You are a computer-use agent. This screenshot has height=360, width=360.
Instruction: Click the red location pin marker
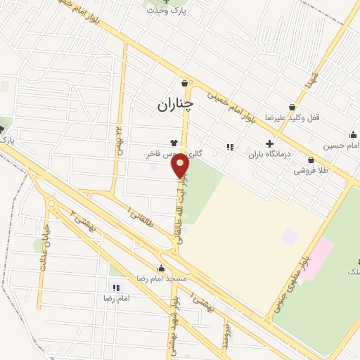[x=181, y=166]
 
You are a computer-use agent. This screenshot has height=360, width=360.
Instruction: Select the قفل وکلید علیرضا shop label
[x=292, y=117]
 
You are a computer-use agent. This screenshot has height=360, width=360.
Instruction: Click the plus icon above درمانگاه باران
[x=269, y=143]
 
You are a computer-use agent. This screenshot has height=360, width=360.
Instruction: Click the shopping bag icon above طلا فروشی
[x=311, y=160]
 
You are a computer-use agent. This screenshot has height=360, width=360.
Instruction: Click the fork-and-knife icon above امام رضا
[x=116, y=288]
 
